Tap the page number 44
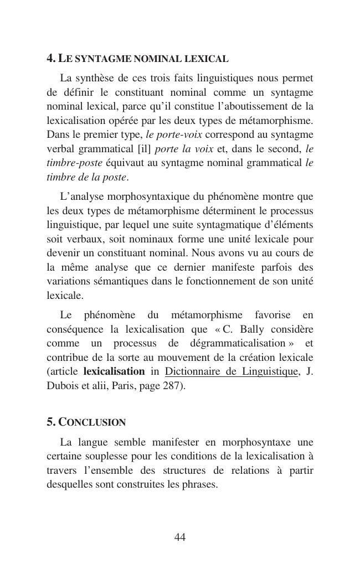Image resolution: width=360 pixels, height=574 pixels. pyautogui.click(x=179, y=537)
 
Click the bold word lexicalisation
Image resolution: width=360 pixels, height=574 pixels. pyautogui.click(x=114, y=371)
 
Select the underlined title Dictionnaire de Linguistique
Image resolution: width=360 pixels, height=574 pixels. pyautogui.click(x=232, y=371)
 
